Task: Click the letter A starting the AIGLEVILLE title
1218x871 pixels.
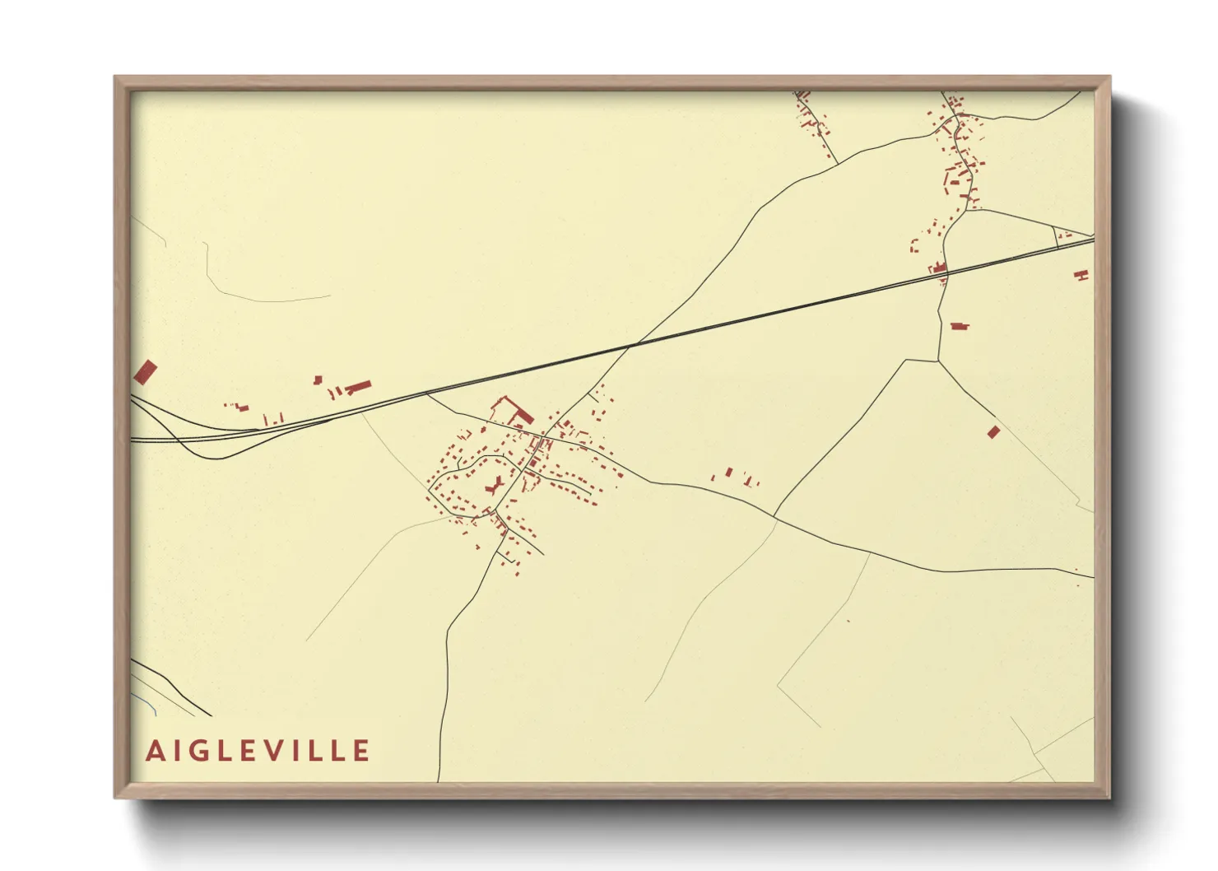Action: [155, 751]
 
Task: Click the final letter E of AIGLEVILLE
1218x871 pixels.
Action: [361, 751]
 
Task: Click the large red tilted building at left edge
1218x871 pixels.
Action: [145, 371]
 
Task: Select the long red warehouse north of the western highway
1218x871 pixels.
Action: [358, 386]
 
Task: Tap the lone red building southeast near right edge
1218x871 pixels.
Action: [993, 431]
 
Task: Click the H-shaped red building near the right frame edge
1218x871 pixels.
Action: [1081, 275]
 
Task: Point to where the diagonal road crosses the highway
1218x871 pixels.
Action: [632, 344]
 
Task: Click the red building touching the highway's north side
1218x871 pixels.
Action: [938, 268]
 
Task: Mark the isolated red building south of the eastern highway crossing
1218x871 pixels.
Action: [959, 326]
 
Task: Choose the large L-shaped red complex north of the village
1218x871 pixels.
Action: [510, 409]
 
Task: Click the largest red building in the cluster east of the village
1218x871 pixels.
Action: [728, 473]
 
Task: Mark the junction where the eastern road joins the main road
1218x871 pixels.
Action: [774, 516]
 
